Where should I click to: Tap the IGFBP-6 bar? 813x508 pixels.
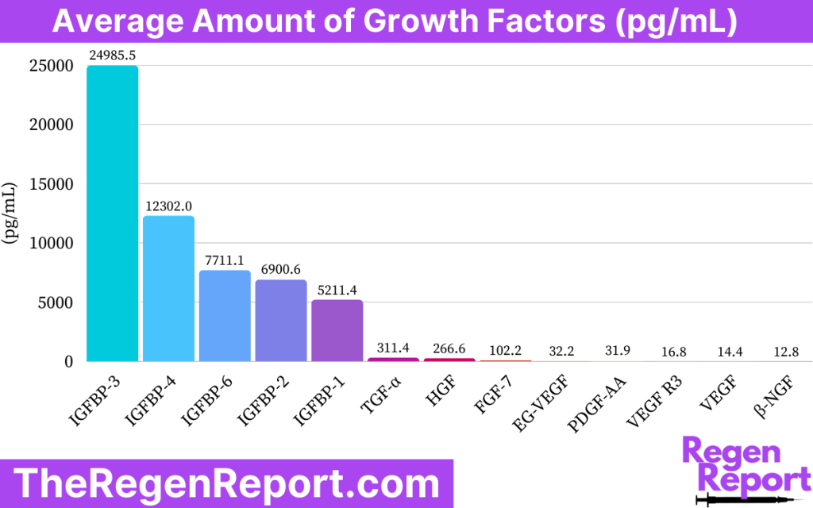coord(225,316)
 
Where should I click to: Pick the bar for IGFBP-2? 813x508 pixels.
coord(281,321)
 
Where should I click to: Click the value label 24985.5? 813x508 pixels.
coord(112,56)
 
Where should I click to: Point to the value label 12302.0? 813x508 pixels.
coord(168,206)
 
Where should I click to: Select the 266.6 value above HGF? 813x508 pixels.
coord(449,348)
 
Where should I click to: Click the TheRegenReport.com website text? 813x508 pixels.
coord(226,483)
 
